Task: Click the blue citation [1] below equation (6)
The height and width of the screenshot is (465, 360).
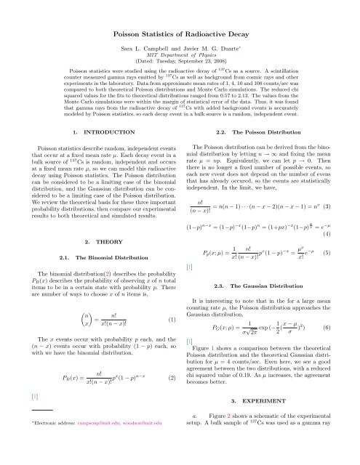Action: [190, 380]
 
